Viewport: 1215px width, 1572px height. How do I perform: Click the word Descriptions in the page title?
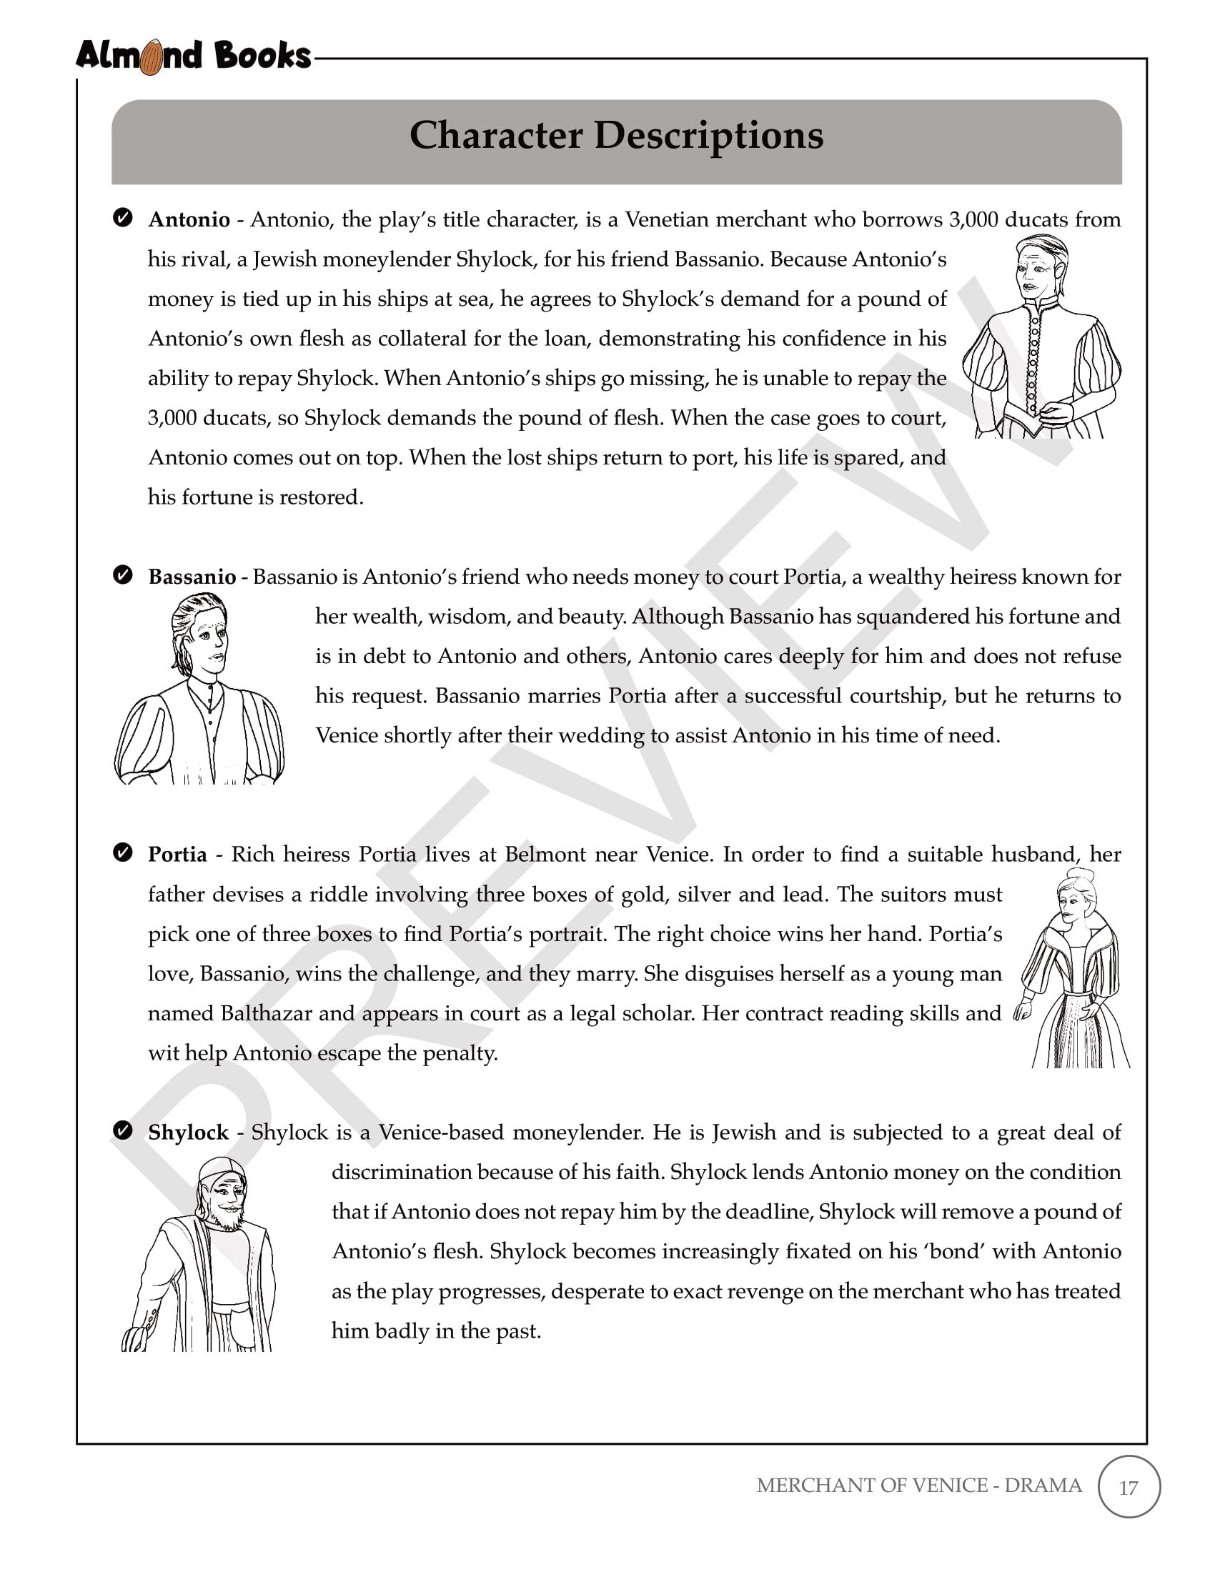(708, 136)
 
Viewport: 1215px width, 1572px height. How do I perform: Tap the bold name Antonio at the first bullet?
(189, 219)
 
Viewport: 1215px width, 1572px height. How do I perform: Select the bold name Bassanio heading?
(192, 577)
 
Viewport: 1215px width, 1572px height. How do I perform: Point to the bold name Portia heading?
(177, 855)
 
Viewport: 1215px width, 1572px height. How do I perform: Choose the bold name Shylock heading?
(188, 1133)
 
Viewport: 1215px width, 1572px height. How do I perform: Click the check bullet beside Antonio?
(123, 217)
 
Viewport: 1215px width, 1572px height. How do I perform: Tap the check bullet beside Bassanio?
(123, 575)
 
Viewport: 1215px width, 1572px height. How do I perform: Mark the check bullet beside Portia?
(123, 853)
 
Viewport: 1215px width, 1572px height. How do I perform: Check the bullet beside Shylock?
(123, 1131)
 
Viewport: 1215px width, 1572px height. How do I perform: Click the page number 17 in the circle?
(1129, 1488)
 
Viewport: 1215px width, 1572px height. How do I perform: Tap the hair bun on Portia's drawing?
(1083, 877)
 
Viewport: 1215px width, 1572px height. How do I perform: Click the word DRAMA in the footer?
(1043, 1486)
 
